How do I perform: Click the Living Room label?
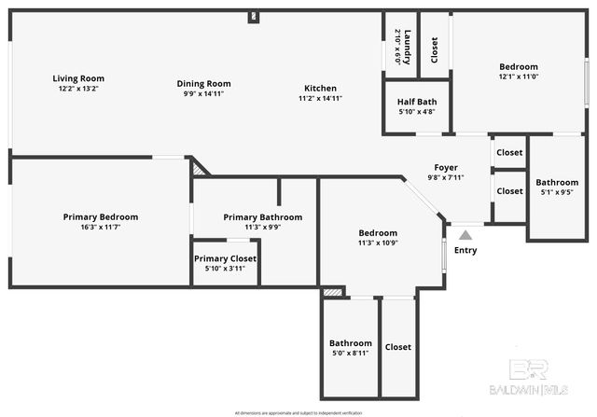pos(78,78)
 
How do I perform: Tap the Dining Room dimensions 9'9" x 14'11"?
pos(203,94)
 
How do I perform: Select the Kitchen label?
pos(320,89)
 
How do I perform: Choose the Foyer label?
pos(445,167)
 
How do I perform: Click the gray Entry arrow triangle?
pos(465,235)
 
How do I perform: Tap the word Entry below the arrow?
pos(465,250)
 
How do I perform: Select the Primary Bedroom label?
pos(99,216)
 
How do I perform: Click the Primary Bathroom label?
pos(262,216)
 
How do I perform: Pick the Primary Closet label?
pos(225,258)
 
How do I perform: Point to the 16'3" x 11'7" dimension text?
pos(99,227)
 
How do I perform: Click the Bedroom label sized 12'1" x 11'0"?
pos(518,67)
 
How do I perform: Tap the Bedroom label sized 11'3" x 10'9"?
pos(378,233)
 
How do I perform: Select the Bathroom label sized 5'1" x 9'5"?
pos(557,183)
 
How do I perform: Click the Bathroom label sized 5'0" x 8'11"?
pos(350,343)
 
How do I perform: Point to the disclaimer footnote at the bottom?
pos(298,411)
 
